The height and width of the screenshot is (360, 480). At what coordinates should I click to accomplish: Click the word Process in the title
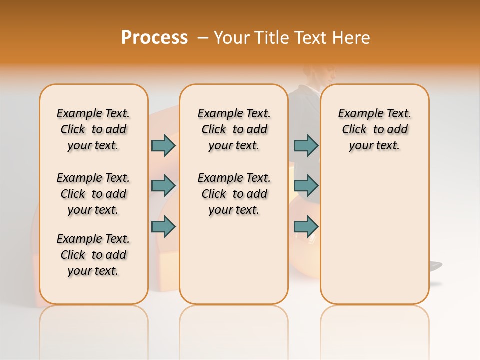pyautogui.click(x=154, y=37)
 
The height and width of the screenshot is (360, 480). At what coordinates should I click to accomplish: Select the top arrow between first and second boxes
pyautogui.click(x=163, y=145)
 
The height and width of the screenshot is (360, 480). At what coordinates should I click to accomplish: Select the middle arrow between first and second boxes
pyautogui.click(x=163, y=186)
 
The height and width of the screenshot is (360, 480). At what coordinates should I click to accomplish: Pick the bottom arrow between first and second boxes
pyautogui.click(x=163, y=227)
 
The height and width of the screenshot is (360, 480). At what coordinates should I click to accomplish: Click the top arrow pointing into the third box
pyautogui.click(x=306, y=145)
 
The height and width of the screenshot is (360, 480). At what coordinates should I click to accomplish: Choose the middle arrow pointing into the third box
pyautogui.click(x=306, y=186)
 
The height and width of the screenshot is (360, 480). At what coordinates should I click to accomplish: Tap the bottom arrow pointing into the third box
pyautogui.click(x=306, y=227)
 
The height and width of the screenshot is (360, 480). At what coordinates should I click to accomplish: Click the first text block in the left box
pyautogui.click(x=93, y=129)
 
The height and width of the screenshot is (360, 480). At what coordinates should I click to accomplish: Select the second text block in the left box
pyautogui.click(x=93, y=194)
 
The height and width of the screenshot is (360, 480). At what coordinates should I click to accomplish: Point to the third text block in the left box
pyautogui.click(x=93, y=255)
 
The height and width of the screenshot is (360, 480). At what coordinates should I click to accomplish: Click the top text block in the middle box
pyautogui.click(x=234, y=129)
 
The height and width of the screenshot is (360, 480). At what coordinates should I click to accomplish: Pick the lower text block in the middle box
pyautogui.click(x=234, y=194)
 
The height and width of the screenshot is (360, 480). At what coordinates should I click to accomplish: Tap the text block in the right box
pyautogui.click(x=374, y=129)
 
